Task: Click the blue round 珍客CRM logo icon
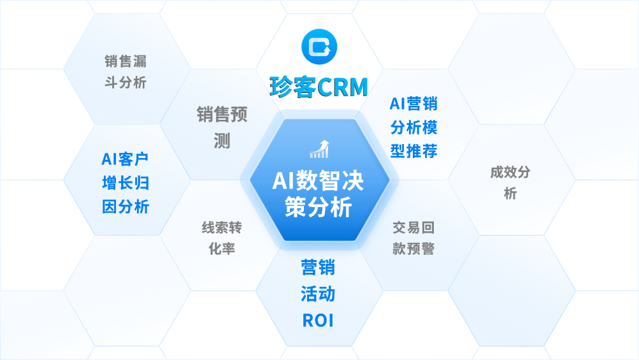point(319,47)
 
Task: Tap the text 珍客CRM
point(319,87)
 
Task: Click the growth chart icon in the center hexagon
point(319,149)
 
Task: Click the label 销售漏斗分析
point(126,71)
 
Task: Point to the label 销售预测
point(222,127)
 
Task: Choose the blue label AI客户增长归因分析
point(126,182)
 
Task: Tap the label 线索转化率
point(222,238)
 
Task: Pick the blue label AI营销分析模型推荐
point(413,127)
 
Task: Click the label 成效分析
point(510,182)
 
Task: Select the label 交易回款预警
point(413,238)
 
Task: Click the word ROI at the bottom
point(318,320)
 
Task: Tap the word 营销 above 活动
point(318,267)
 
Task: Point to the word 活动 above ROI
point(318,294)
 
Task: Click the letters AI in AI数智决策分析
point(282,181)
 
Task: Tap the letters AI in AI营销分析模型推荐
point(398,103)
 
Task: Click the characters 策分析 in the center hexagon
point(319,207)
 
